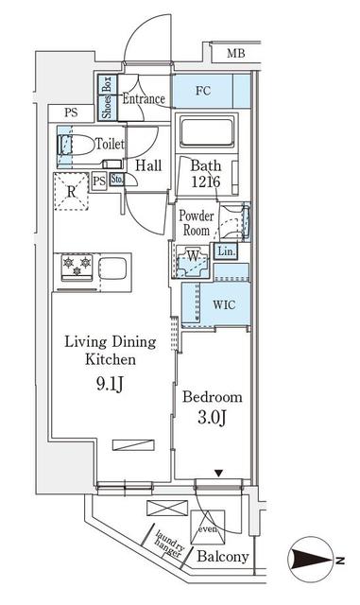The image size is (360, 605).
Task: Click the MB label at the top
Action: coord(236,55)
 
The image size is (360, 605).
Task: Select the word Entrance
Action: coord(144,98)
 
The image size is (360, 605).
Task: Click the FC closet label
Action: coord(203,93)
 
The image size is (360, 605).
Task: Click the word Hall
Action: coord(147,166)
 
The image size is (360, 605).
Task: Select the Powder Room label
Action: coord(197,222)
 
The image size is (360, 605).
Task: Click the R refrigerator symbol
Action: coord(70,190)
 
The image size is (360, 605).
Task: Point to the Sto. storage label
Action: coord(117,180)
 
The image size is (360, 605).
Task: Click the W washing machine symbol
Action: coord(193,257)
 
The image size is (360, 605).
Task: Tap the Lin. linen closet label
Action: coord(226,252)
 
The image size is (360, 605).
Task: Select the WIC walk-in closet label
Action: coord(224,304)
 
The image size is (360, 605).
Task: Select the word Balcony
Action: coord(223,558)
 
